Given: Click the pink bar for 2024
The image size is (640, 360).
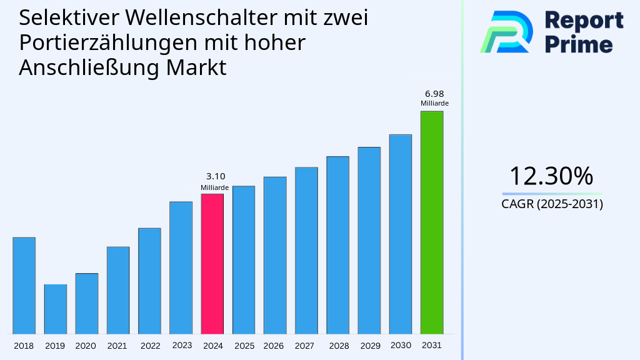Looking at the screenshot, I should tap(212, 264).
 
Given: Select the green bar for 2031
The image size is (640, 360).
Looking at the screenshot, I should tap(431, 222).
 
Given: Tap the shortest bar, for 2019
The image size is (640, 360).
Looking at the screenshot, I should tap(55, 309).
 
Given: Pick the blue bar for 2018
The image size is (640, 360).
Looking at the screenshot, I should tap(24, 286).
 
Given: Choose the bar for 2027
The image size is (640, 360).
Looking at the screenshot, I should tap(306, 250).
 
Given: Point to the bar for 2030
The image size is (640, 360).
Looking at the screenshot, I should tap(400, 234).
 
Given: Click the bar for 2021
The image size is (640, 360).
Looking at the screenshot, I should tap(118, 290).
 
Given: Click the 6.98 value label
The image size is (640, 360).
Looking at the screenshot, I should tap(434, 94).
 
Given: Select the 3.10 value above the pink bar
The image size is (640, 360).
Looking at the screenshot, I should tap(215, 177).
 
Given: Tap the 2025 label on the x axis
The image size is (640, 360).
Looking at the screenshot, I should tap(244, 346).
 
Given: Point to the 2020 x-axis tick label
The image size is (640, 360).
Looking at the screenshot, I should tap(86, 346).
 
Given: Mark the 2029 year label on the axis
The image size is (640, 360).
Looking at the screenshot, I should tap(369, 346).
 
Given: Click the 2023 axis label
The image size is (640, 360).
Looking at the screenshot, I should tap(181, 346).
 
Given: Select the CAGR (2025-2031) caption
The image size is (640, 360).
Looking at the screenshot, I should tap(552, 204).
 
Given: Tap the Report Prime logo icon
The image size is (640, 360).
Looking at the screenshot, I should tap(506, 31).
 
